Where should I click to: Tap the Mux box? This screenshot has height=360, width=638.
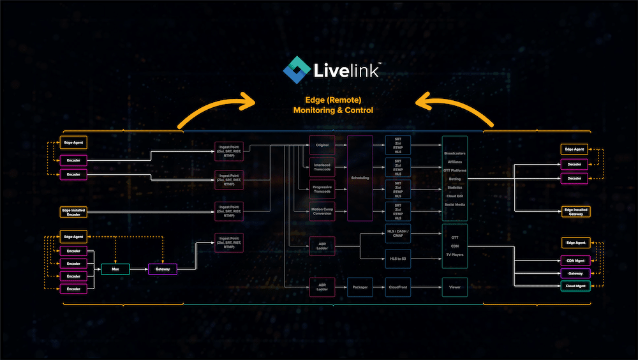tap(115, 269)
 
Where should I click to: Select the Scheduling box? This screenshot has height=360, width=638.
tap(360, 177)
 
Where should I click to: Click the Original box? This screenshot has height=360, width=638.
tap(322, 145)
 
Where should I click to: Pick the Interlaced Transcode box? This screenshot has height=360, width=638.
tap(322, 167)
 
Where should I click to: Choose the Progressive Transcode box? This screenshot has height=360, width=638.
tap(322, 190)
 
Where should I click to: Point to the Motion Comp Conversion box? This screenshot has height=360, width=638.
tap(322, 211)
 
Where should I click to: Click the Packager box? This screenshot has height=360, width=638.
tap(360, 287)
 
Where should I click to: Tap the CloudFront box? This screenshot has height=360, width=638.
tap(398, 287)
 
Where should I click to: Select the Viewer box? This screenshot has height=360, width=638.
tap(454, 287)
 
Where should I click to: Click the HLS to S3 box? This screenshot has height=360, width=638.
tap(398, 258)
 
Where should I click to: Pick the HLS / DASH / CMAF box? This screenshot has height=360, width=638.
tap(398, 234)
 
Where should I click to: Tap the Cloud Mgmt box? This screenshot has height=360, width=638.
tap(575, 287)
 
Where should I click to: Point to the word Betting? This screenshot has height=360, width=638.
tap(454, 179)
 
